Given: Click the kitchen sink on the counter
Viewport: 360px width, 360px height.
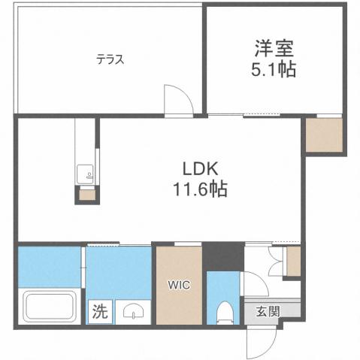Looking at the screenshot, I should pos(87,176).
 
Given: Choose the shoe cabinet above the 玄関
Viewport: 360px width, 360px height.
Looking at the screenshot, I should pos(293,261).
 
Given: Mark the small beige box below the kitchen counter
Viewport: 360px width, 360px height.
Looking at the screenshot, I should pos(87,195).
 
